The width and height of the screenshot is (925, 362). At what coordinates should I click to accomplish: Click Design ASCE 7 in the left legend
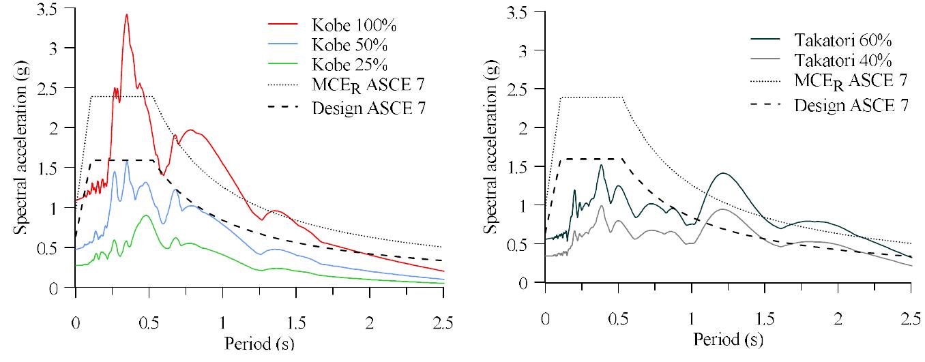tap(369, 107)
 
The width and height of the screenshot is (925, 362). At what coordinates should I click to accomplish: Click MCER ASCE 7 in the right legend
tap(850, 80)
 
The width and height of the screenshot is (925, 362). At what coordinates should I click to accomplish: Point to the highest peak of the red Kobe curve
tap(126, 14)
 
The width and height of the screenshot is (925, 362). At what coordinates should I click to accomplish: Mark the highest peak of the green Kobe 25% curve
tap(145, 215)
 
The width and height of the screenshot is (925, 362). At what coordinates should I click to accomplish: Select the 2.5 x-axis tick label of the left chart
tap(443, 320)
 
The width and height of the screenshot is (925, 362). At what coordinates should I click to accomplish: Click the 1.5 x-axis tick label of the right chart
tap(765, 318)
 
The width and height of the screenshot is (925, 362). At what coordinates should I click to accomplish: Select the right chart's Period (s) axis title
tap(728, 338)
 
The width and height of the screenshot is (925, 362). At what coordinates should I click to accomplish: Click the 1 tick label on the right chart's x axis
tap(692, 318)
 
